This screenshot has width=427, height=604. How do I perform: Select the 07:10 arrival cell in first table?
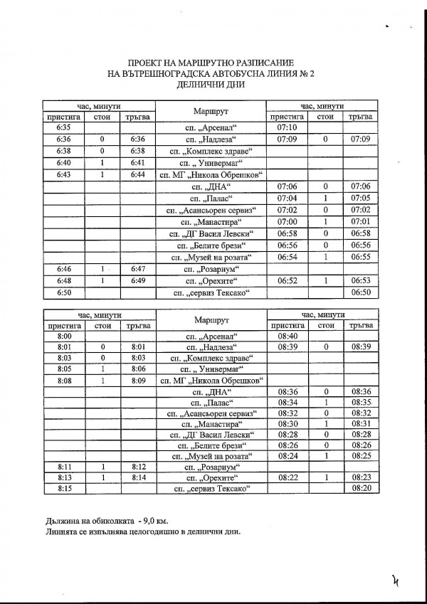(285, 128)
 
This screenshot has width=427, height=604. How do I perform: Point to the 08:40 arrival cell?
(286, 335)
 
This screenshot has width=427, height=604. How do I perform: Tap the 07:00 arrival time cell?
(286, 221)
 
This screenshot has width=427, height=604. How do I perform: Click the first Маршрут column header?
(210, 112)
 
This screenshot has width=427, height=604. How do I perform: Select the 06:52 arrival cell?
(286, 280)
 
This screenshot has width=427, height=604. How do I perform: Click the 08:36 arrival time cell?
(286, 391)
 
